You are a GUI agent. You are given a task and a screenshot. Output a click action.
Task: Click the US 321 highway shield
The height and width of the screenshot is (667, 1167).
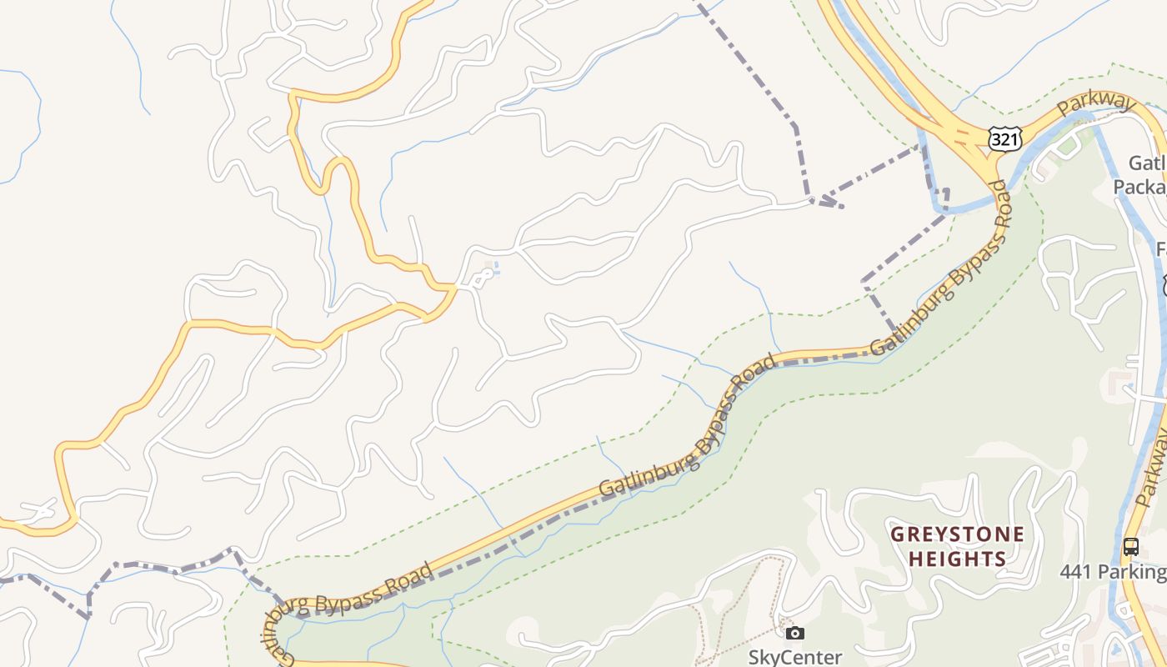1004,139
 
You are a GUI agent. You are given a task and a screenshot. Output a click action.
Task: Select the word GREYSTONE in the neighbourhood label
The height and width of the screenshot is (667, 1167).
957,534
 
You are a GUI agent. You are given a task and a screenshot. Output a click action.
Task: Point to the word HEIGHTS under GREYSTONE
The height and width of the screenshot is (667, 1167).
957,559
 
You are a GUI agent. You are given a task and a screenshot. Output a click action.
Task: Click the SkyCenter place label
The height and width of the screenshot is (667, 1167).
795,657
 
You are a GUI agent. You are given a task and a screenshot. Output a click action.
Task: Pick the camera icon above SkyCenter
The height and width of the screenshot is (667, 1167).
795,634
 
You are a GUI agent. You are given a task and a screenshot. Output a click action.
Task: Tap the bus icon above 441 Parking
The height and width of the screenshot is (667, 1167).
1131,547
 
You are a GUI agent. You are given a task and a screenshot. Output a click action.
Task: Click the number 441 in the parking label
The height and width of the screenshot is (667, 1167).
1076,572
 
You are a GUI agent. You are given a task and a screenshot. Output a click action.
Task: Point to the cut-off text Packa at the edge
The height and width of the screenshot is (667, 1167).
1139,186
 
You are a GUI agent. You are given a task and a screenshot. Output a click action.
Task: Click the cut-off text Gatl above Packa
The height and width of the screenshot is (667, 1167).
1147,163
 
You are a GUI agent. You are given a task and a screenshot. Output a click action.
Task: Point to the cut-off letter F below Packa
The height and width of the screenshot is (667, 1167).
1161,248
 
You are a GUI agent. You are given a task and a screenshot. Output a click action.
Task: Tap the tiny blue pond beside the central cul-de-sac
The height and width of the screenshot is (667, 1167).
494,268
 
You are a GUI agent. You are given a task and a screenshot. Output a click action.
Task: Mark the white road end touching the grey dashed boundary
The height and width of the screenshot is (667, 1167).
812,200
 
